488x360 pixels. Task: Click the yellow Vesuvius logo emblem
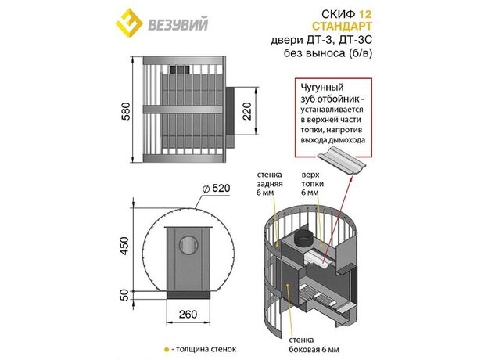[x=130, y=23]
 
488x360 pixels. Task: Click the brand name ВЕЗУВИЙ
[x=178, y=24]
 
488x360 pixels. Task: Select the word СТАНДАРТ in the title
[x=342, y=26]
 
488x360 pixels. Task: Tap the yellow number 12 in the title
[x=365, y=14]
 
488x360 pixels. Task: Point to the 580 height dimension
[x=126, y=111]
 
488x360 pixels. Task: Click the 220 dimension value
[x=247, y=111]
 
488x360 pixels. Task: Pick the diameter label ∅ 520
[x=216, y=188]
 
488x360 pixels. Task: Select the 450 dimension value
[x=124, y=246]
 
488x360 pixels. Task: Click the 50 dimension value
[x=124, y=295]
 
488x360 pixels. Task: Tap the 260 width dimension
[x=188, y=314]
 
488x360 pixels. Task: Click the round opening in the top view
[x=188, y=245]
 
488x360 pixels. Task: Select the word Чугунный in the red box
[x=322, y=88]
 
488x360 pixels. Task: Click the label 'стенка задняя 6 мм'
[x=270, y=184]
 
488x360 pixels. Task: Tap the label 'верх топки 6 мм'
[x=312, y=184]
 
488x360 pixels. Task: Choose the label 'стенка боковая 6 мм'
[x=314, y=344]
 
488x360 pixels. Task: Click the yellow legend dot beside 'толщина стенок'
[x=167, y=350]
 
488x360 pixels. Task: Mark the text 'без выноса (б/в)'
[x=328, y=53]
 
